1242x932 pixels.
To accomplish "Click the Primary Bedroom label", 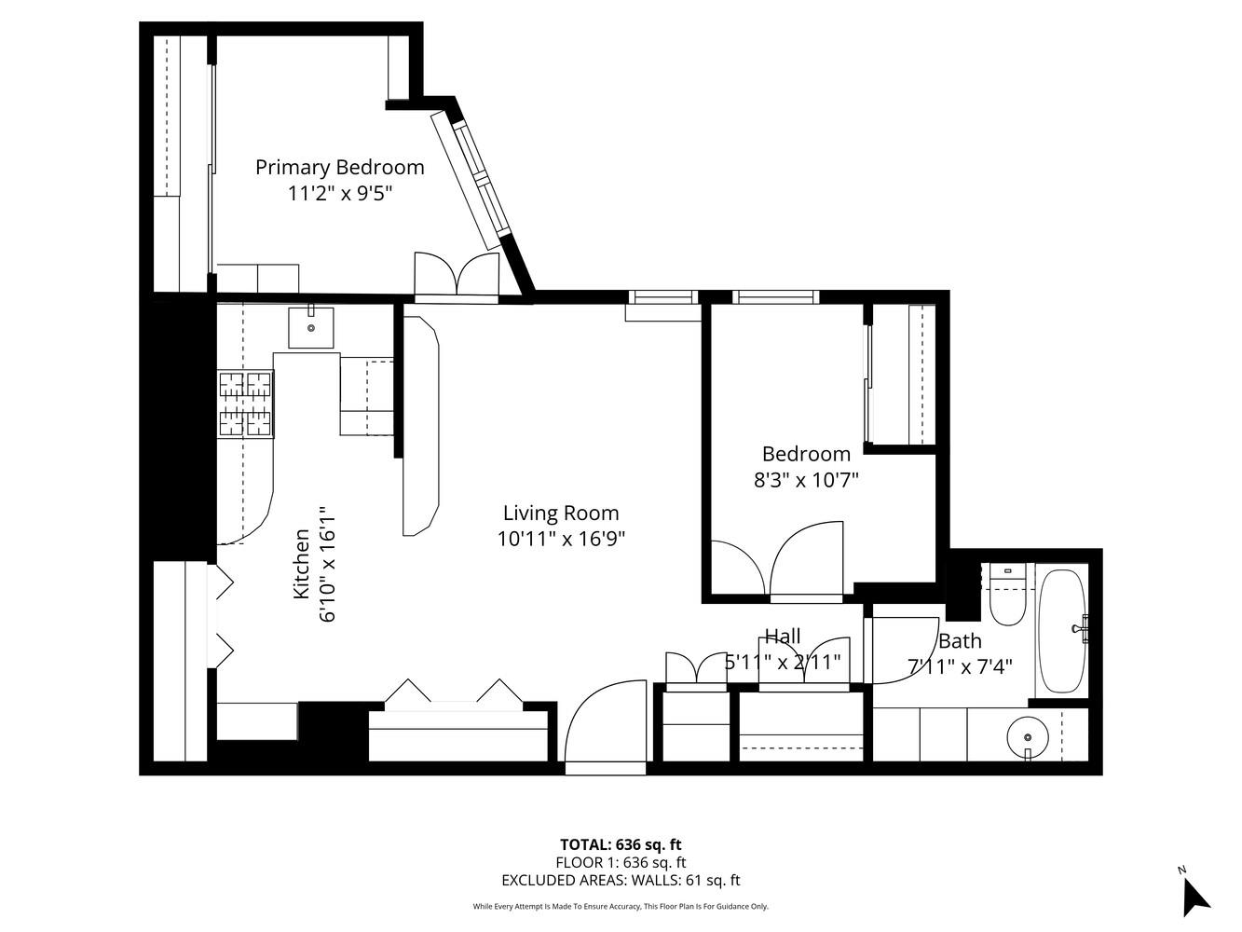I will (340, 167).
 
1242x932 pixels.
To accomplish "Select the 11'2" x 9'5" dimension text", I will (340, 194).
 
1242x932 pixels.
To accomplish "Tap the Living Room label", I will (560, 513).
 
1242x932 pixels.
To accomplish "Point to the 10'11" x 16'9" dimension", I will (560, 539).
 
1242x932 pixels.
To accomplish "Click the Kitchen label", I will (301, 564).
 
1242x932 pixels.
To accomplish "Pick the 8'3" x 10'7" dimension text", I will (806, 480).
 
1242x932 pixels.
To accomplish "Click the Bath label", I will (960, 641).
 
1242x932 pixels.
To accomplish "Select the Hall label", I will (783, 636).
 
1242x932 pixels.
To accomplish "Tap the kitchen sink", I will (311, 327).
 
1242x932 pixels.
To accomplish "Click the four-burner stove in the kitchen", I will (246, 404).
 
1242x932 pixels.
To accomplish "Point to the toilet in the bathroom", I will (1006, 596).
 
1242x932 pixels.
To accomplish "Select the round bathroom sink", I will (1028, 738).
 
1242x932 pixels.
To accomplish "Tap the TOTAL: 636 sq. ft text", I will (621, 845).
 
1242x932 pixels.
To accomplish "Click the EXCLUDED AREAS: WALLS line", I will (621, 880).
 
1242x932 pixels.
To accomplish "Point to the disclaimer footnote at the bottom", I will (621, 906).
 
